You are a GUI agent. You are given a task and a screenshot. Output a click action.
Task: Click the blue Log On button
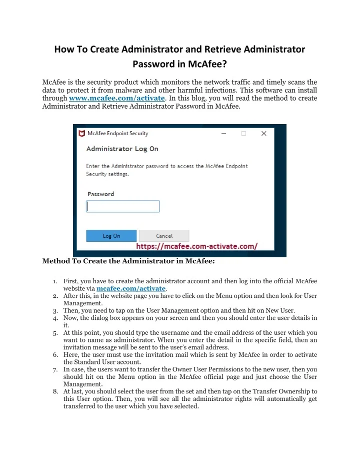[x=111, y=236]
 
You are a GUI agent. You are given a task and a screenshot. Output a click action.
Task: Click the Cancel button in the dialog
[x=164, y=236]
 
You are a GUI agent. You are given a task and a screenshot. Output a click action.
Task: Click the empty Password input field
[x=123, y=206]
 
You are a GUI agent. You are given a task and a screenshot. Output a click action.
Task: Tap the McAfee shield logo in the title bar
[x=81, y=134]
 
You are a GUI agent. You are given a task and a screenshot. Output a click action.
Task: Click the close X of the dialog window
[x=264, y=134]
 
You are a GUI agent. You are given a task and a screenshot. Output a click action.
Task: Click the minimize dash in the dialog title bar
[x=223, y=134]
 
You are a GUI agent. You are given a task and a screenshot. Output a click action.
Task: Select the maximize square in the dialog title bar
[x=243, y=134]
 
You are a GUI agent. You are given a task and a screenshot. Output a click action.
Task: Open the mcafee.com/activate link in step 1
[x=130, y=289]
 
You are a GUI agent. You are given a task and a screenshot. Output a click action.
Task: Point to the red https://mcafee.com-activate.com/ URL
[x=197, y=247]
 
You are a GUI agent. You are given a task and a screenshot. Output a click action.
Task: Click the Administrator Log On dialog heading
[x=122, y=149]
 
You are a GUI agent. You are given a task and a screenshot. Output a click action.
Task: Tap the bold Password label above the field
[x=101, y=194]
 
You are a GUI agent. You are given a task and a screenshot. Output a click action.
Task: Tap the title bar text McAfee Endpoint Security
[x=118, y=134]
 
